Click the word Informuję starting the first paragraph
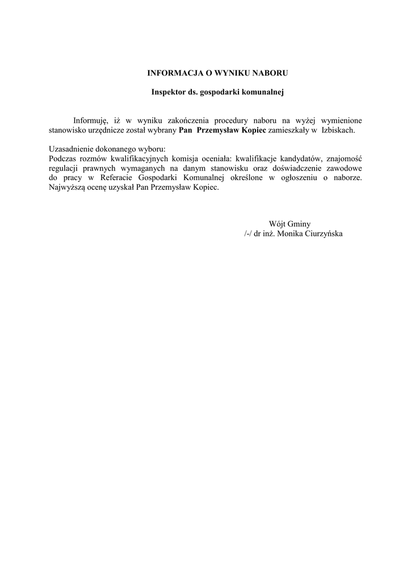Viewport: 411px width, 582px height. click(x=90, y=120)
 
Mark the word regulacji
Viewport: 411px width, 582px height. click(x=65, y=168)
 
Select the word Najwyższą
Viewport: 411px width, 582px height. click(x=67, y=188)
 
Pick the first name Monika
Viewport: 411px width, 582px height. click(x=289, y=234)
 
